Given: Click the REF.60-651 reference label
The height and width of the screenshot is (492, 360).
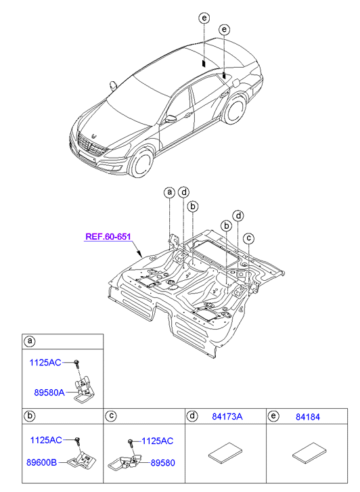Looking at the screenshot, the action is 108,236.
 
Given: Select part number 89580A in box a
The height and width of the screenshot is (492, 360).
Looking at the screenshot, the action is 49,393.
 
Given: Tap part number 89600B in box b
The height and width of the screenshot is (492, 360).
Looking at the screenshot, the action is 42,462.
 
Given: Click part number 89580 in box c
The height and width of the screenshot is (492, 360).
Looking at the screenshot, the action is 163,463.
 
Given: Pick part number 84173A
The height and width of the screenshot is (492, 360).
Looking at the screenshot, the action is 227,417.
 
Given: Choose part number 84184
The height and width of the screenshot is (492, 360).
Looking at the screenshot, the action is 308,417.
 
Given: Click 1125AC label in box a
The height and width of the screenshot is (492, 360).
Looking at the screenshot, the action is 45,363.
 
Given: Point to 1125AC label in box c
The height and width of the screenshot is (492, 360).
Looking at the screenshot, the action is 157,441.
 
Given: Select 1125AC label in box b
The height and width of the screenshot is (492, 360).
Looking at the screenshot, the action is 46,440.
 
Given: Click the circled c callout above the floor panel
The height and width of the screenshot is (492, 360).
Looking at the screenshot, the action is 249,238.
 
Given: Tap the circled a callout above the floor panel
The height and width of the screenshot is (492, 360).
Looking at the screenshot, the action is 169,192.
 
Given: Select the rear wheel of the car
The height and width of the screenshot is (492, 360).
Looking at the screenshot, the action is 234,109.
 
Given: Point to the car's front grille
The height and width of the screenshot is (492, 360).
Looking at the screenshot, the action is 91,146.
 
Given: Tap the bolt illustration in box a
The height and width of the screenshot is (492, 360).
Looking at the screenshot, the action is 76,365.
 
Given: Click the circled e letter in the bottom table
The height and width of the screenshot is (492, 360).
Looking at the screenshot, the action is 273,416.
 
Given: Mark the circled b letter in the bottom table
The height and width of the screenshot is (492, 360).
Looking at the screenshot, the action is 30,416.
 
